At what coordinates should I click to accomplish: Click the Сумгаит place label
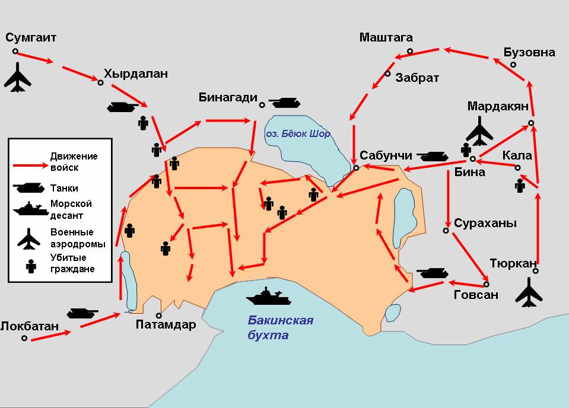coord(31,38)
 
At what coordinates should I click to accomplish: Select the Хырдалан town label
coord(135,74)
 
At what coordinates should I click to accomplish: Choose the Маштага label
coord(386,38)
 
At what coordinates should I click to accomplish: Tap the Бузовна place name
coord(529,52)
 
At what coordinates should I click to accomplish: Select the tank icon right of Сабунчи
coord(436,156)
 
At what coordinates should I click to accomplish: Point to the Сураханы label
coord(485,224)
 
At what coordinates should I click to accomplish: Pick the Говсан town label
coord(475,295)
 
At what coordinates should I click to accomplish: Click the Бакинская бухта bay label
coord(280,328)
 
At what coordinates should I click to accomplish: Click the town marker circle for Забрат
coord(387,74)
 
